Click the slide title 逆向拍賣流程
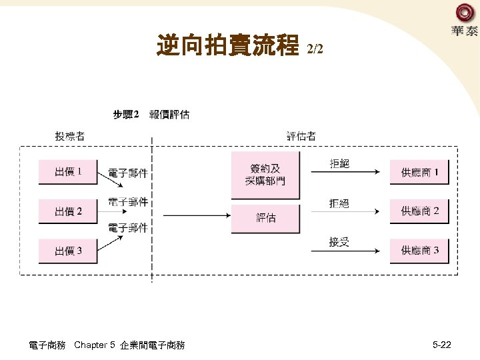(227, 46)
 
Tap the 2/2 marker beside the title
(315, 49)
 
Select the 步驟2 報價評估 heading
(151, 115)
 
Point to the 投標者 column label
(69, 137)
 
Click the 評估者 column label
(301, 137)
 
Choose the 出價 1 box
(68, 172)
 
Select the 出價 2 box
(68, 211)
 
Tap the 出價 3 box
(68, 251)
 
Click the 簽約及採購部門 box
(265, 175)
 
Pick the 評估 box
(265, 218)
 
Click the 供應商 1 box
(419, 173)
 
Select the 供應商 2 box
(419, 211)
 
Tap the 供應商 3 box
(419, 251)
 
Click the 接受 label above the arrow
(339, 242)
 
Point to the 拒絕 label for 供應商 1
(339, 163)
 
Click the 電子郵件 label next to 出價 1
(128, 173)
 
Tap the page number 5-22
(442, 345)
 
